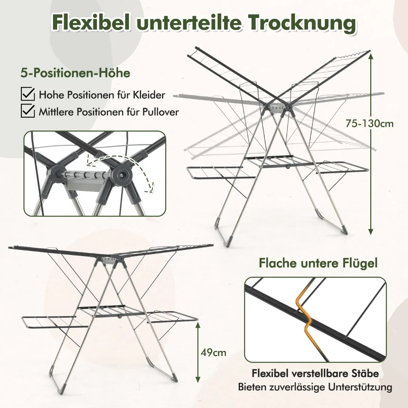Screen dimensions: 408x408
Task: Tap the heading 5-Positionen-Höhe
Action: [x=75, y=73]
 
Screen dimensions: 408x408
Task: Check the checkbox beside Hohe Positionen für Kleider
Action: [x=28, y=94]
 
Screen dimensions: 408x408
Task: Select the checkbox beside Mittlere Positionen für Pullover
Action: [x=28, y=111]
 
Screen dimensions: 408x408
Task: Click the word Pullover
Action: [x=160, y=112]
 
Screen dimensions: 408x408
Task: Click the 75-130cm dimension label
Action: [x=369, y=123]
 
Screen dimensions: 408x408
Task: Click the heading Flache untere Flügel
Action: [x=318, y=263]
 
